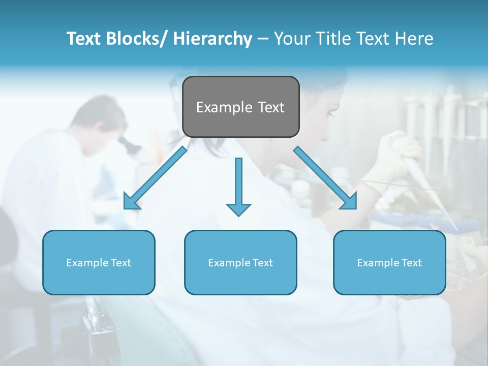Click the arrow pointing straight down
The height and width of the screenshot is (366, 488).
(238, 186)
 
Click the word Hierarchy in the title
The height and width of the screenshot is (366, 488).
(212, 39)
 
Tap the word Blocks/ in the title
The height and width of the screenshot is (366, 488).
(140, 39)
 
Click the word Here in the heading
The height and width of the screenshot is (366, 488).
(415, 39)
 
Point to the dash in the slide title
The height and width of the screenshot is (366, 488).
(263, 39)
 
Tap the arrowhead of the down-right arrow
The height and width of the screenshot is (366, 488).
(349, 202)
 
